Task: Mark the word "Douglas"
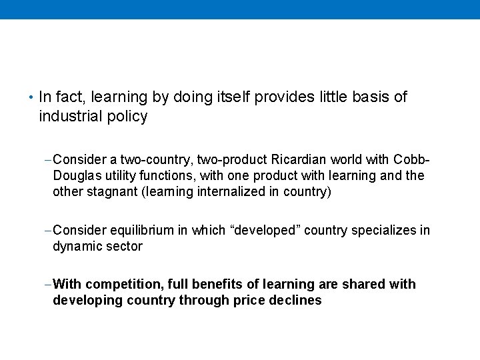(x=77, y=176)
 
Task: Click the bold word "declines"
(x=295, y=301)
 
